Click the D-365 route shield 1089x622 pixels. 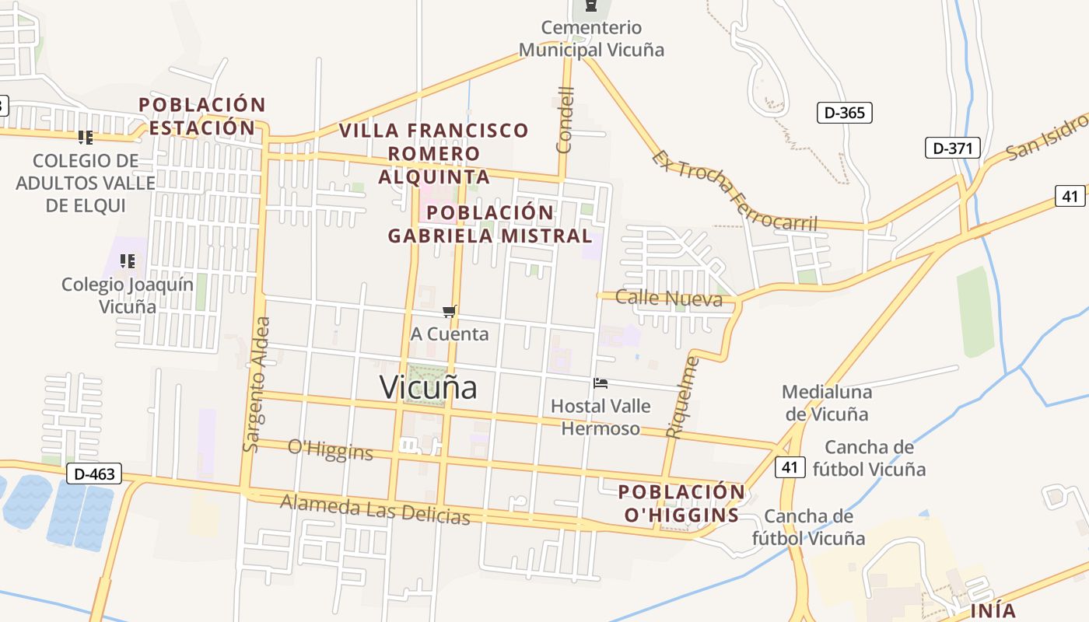point(844,113)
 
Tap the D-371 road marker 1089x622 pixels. point(952,148)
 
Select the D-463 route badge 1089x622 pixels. point(94,473)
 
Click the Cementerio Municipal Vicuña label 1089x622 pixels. point(591,39)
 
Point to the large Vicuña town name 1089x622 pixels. point(428,387)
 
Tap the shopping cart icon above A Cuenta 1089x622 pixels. point(449,312)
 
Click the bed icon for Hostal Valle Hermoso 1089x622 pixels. point(601,383)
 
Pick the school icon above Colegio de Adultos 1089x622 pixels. point(86,138)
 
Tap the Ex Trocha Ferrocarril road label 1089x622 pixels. point(735,190)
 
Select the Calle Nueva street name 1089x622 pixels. point(668,298)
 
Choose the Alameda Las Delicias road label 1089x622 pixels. point(375,509)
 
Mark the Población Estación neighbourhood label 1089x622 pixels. point(201,116)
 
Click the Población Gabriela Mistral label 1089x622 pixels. point(490,224)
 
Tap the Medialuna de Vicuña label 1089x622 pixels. point(826,403)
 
